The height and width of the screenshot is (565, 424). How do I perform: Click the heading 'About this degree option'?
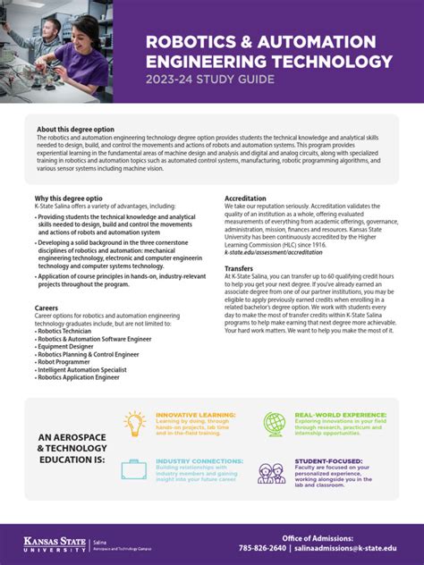click(75, 130)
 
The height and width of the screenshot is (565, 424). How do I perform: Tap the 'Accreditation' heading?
click(246, 198)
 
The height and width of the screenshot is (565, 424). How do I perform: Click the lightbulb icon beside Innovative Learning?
click(135, 423)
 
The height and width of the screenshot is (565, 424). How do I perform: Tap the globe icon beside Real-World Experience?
click(274, 424)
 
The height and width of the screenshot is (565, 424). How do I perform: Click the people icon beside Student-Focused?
click(272, 472)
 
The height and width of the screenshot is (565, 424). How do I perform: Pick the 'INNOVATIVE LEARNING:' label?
click(196, 416)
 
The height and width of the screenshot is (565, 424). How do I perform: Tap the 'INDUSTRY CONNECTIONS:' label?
click(199, 461)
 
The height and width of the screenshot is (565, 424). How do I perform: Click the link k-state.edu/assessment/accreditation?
click(274, 253)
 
